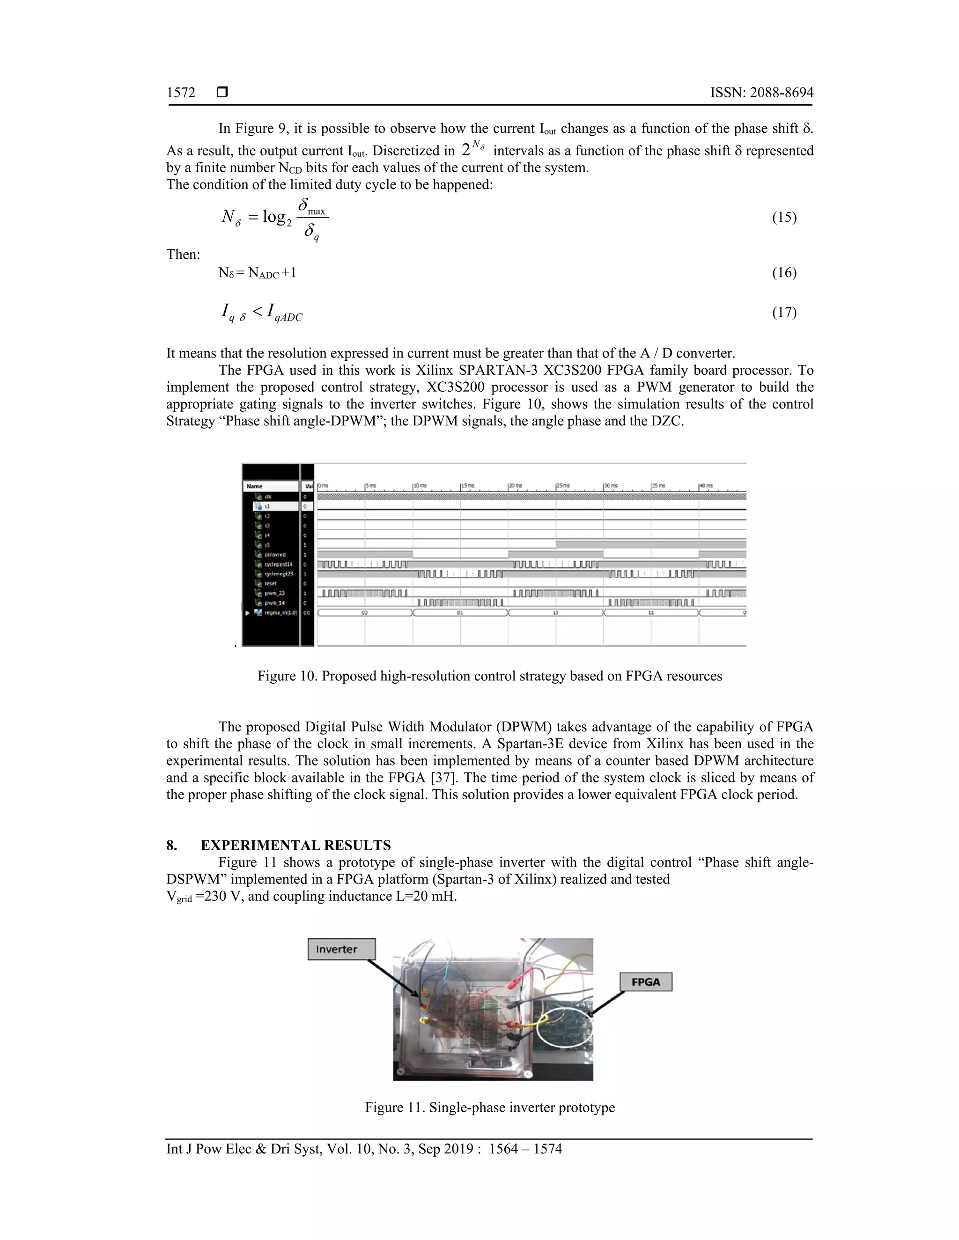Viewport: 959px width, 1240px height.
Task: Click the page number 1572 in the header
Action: point(181,93)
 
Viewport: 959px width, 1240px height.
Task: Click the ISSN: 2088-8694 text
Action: point(761,93)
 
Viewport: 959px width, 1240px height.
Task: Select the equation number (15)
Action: point(783,218)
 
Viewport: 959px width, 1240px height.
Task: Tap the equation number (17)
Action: point(783,312)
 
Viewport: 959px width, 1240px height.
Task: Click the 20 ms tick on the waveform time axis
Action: point(515,486)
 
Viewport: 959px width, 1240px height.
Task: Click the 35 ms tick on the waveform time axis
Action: point(657,486)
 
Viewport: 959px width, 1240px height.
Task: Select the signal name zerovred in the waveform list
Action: point(275,554)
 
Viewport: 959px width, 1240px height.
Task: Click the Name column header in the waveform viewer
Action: point(255,486)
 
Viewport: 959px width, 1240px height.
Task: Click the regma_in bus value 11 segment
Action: point(651,613)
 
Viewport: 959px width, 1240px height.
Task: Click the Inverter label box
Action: point(341,949)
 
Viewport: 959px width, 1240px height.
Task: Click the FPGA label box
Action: point(645,982)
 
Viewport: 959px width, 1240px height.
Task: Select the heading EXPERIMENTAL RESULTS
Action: point(295,846)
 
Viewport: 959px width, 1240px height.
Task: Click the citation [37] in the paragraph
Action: point(442,777)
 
